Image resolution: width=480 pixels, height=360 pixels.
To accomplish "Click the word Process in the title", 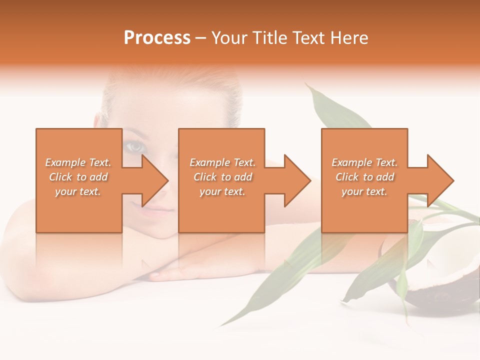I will coord(157,38).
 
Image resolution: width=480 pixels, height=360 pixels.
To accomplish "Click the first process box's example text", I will coord(78,177).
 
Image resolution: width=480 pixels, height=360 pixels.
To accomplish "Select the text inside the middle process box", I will coord(222,177).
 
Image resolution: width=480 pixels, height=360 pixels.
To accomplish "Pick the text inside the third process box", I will coord(364,177).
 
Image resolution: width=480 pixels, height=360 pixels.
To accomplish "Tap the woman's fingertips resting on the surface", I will coord(157,274).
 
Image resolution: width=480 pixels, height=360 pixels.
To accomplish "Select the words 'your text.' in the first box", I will coord(78,191).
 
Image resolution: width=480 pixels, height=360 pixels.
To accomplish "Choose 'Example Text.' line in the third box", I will coord(364,162).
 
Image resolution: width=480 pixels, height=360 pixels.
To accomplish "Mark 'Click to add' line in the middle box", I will coord(222,177).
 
